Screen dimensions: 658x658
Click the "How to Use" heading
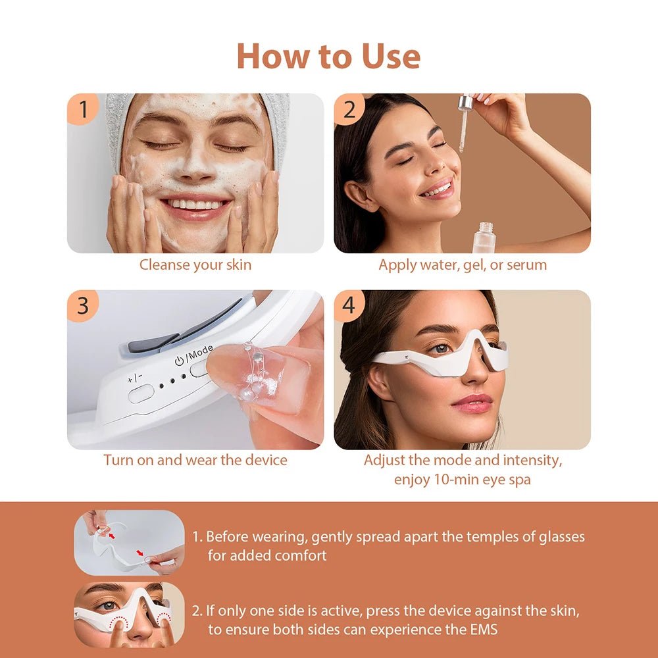pyautogui.click(x=328, y=56)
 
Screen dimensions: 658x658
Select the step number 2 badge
pyautogui.click(x=349, y=109)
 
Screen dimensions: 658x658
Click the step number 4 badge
pyautogui.click(x=349, y=306)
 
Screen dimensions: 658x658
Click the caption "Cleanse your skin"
pyautogui.click(x=195, y=265)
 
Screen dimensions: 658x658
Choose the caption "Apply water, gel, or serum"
pyautogui.click(x=463, y=265)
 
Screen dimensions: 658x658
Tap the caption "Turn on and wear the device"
pyautogui.click(x=195, y=460)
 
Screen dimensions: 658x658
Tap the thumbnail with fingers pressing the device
pyautogui.click(x=129, y=614)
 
